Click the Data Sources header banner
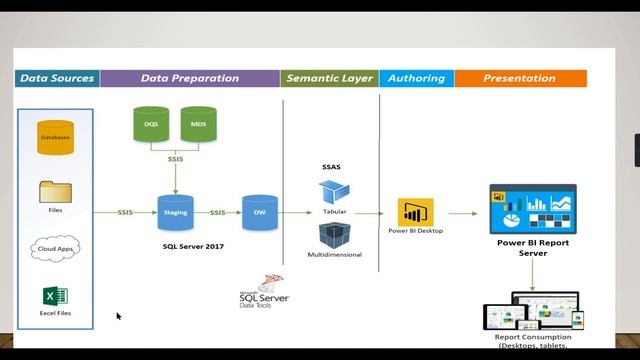click(x=57, y=78)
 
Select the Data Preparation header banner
click(x=190, y=78)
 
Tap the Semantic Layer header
click(x=329, y=78)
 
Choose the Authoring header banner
click(x=416, y=78)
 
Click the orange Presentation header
click(x=519, y=78)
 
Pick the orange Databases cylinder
click(x=56, y=136)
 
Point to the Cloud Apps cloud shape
click(x=56, y=247)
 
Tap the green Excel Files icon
click(x=55, y=298)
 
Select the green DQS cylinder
click(x=150, y=125)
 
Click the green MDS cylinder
click(x=197, y=125)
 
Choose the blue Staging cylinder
click(x=174, y=212)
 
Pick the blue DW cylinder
click(x=258, y=212)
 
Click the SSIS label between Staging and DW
click(x=217, y=212)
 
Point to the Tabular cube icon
click(x=334, y=193)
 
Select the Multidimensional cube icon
click(x=334, y=235)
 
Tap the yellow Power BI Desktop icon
click(x=415, y=212)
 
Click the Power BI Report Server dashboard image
click(x=532, y=208)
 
